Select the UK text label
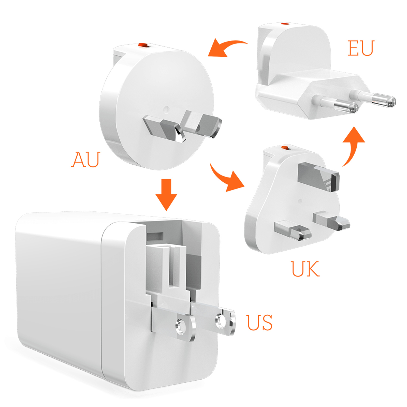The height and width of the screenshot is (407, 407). (x=305, y=269)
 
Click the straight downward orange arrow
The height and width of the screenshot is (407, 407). (x=166, y=195)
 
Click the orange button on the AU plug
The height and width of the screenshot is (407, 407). (x=143, y=45)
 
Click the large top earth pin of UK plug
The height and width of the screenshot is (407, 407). (x=318, y=177)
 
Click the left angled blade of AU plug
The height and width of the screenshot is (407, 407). (x=164, y=128)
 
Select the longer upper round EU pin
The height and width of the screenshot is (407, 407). (x=373, y=99)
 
